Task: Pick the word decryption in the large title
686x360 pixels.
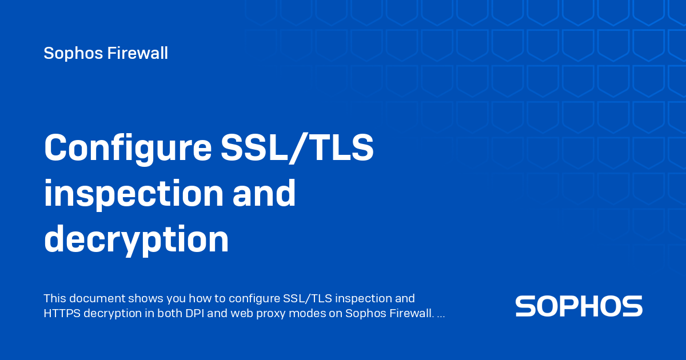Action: point(136,240)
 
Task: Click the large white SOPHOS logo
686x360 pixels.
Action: point(579,306)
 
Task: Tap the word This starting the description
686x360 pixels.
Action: point(55,298)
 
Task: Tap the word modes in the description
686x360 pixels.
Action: point(297,314)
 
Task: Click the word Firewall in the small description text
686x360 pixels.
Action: point(407,314)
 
